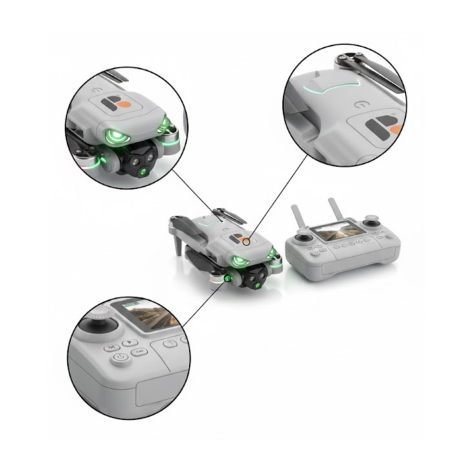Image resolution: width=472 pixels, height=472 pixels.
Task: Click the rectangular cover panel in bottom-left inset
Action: (x=156, y=392)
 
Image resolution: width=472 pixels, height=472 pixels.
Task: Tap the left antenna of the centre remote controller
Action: (x=297, y=218)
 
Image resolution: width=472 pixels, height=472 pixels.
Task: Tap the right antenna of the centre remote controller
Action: (x=336, y=210)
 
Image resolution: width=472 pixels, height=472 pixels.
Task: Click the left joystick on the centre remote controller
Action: (x=303, y=239)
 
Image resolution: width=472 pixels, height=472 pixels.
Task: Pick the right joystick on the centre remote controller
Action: (x=371, y=223)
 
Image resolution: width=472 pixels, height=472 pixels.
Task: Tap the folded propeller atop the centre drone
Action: (x=229, y=214)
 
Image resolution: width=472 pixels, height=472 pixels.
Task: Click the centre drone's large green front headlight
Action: (x=238, y=261)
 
